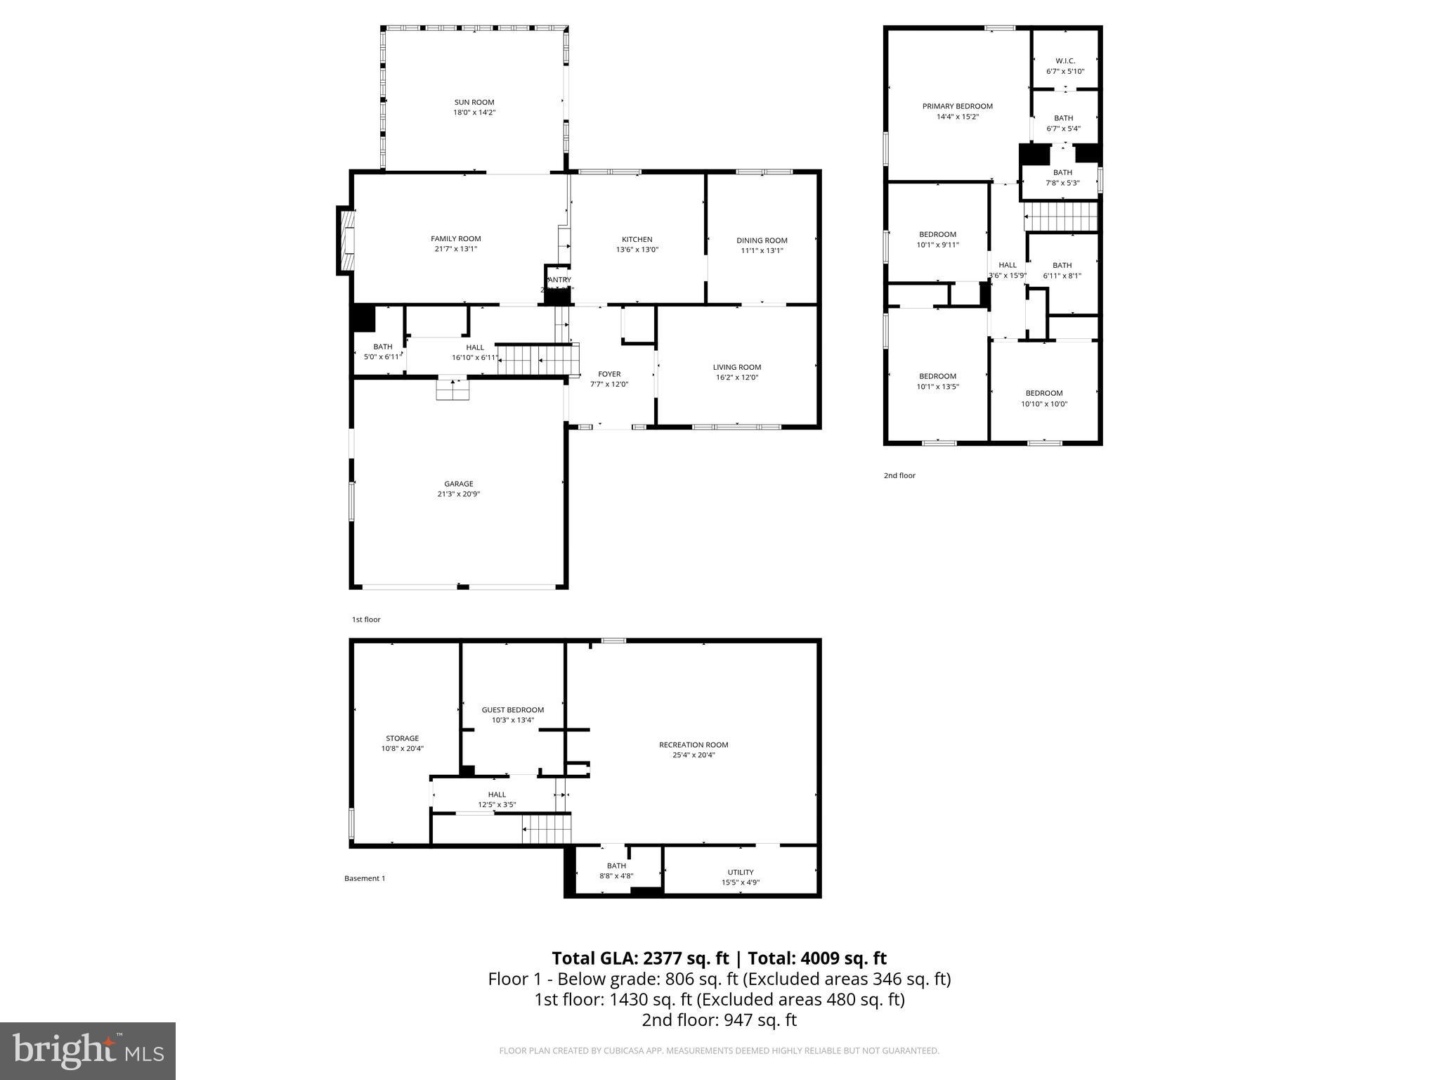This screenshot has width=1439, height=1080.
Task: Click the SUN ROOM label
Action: [x=474, y=102]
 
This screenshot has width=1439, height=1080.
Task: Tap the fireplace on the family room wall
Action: [x=346, y=240]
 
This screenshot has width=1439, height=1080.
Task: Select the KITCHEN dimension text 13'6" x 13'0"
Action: [x=637, y=250]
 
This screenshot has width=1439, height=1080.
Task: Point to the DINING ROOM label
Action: [x=762, y=240]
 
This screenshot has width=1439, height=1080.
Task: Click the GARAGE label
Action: [x=458, y=484]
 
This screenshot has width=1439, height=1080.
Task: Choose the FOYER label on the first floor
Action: [x=609, y=374]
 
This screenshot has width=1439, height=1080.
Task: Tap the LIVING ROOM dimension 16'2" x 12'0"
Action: [x=736, y=378]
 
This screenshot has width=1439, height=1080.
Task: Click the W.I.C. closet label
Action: [x=1065, y=61]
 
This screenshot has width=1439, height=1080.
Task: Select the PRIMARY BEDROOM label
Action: [x=957, y=106]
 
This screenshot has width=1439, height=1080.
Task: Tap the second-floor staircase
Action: [x=1060, y=217]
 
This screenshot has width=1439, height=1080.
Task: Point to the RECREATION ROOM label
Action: [x=694, y=745]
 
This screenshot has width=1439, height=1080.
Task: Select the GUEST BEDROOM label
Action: [x=512, y=709]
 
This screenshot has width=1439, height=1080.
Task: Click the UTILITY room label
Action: [x=741, y=872]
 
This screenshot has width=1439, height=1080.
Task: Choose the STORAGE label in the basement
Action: [x=402, y=738]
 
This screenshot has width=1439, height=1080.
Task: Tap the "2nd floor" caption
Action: [x=899, y=475]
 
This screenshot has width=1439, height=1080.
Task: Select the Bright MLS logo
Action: [x=88, y=1051]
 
